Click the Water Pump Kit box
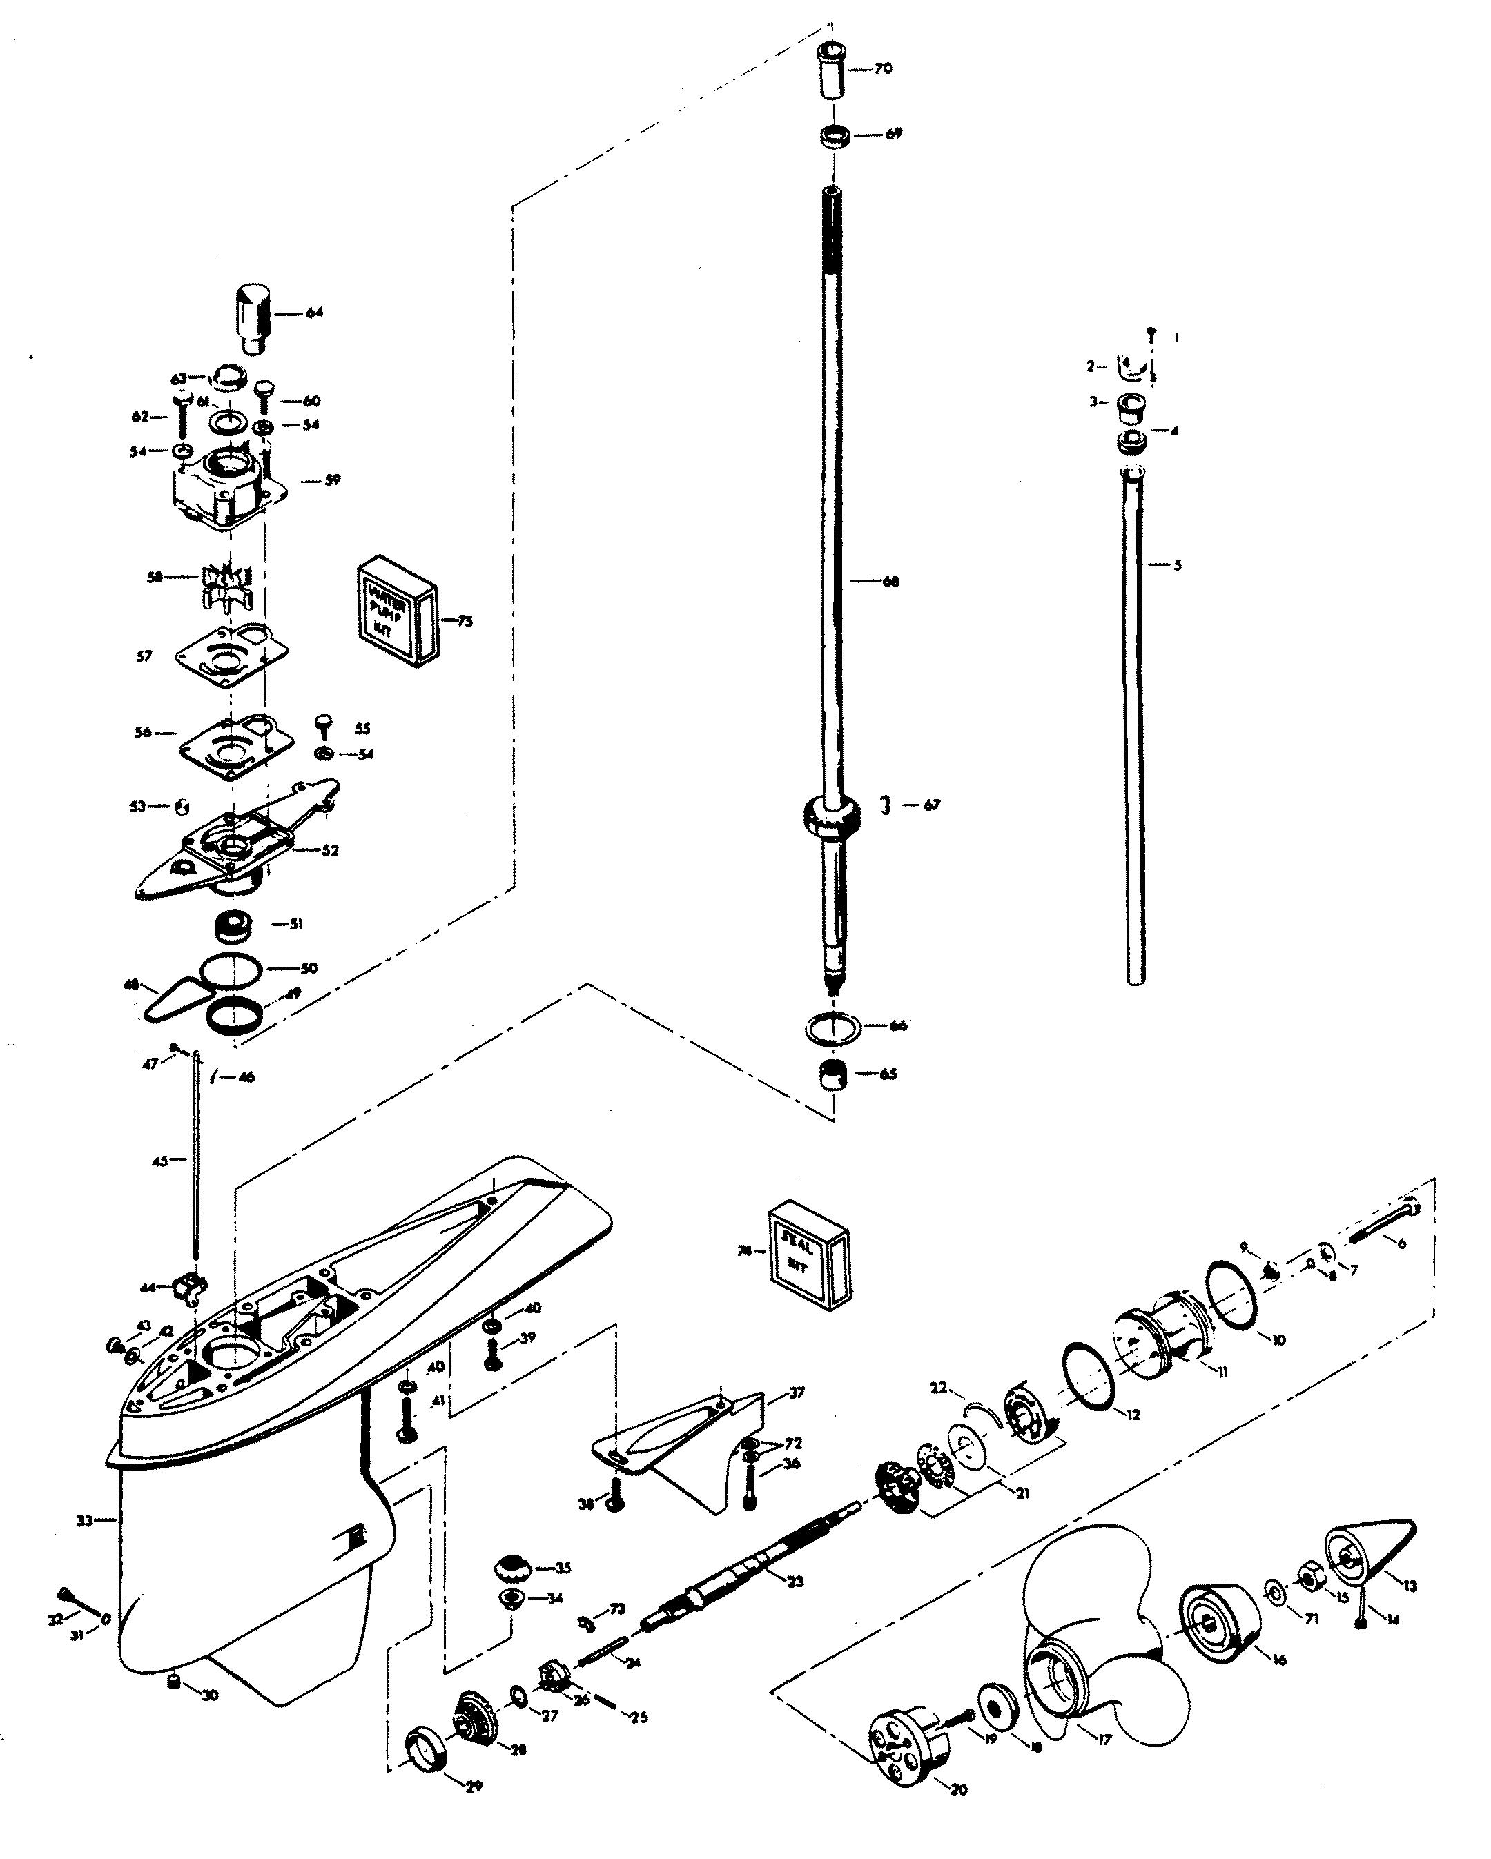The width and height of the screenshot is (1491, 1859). click(x=395, y=611)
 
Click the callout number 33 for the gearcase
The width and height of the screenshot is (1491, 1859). click(x=84, y=1521)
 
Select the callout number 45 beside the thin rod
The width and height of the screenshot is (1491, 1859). click(x=159, y=1161)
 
